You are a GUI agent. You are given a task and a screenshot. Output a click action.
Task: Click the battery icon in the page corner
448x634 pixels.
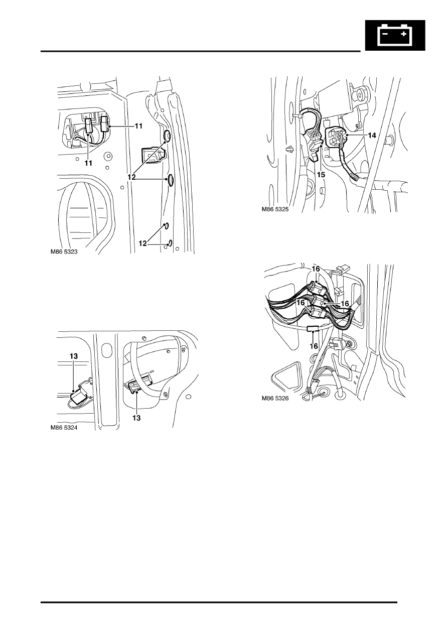395,35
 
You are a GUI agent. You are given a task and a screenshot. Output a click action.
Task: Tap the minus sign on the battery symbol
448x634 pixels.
385,34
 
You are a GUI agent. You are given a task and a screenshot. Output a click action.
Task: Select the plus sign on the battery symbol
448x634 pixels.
403,34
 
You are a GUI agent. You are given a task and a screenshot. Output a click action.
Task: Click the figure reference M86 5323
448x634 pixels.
64,251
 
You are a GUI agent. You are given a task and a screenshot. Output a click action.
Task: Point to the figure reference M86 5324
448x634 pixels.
64,428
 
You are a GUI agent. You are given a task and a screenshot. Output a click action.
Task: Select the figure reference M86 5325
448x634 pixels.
275,209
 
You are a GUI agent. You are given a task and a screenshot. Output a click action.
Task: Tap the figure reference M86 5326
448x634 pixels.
275,398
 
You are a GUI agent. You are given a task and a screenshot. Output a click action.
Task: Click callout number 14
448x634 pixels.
372,136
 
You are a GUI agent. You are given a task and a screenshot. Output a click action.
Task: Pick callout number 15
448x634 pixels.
321,175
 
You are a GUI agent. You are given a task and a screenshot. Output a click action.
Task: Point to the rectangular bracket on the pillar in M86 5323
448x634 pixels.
153,156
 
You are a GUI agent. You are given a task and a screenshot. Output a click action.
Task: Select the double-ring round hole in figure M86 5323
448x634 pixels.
107,156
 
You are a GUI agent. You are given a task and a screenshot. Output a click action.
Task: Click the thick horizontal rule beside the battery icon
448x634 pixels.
201,51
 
